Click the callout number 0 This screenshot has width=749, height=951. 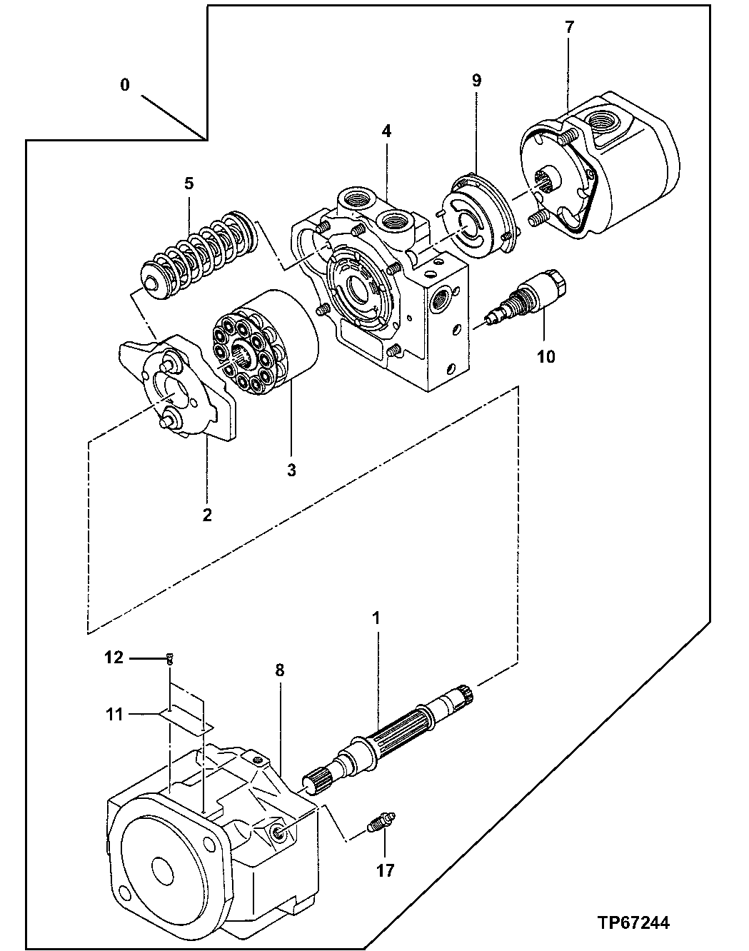(x=125, y=85)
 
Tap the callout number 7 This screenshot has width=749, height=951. (x=568, y=28)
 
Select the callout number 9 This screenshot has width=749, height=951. (x=476, y=81)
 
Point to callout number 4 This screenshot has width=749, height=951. (x=386, y=131)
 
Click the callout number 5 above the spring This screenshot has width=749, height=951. (x=188, y=183)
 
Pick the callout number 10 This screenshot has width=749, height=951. (x=546, y=356)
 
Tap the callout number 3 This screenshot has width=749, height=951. (x=291, y=471)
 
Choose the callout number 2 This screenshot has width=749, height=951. (x=207, y=514)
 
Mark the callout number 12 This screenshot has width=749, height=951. (x=114, y=658)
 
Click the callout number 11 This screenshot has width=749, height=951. (x=114, y=713)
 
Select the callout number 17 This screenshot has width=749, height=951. (x=385, y=870)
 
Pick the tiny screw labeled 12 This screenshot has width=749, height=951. (x=170, y=658)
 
